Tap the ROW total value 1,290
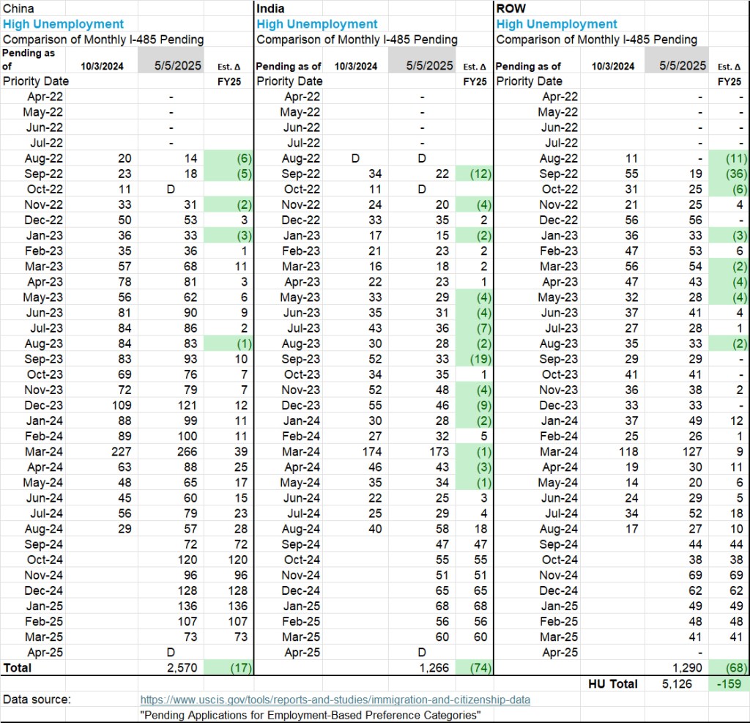click(686, 667)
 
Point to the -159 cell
click(728, 683)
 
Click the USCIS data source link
click(335, 700)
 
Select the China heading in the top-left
click(18, 9)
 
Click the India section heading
click(271, 9)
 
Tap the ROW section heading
click(511, 9)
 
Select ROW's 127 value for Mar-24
click(688, 452)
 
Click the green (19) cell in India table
click(476, 359)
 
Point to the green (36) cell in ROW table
click(729, 174)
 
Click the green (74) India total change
click(476, 667)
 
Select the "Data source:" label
click(37, 700)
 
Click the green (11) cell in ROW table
click(729, 158)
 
